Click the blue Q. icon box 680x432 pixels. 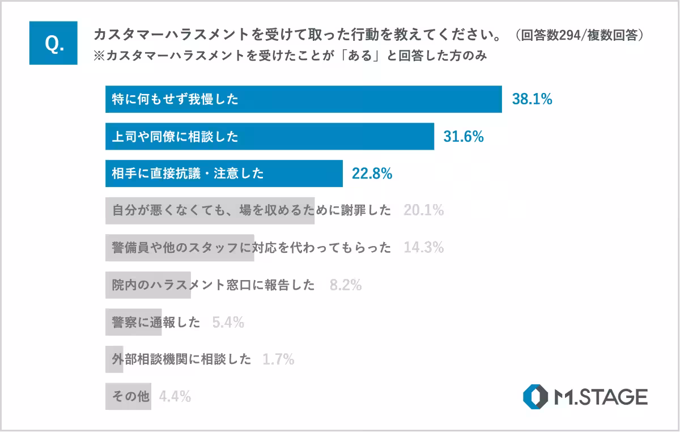tap(54, 44)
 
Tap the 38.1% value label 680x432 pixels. tap(532, 100)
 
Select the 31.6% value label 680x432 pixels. tap(464, 137)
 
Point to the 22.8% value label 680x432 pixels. tap(372, 174)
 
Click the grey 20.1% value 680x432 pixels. tap(423, 211)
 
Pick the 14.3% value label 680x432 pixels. tap(423, 248)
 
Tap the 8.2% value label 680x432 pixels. tap(346, 285)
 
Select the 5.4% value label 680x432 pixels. tap(228, 323)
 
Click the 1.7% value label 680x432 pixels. tap(278, 359)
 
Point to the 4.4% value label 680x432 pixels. tap(175, 397)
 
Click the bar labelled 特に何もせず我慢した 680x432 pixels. tap(303, 100)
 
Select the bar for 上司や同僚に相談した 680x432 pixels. tap(269, 137)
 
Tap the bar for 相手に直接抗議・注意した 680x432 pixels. tap(224, 174)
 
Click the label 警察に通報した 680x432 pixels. tap(156, 323)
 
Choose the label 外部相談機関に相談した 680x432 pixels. tap(181, 359)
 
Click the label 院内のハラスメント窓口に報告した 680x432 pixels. tap(213, 285)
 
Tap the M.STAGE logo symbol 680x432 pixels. tap(535, 397)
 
